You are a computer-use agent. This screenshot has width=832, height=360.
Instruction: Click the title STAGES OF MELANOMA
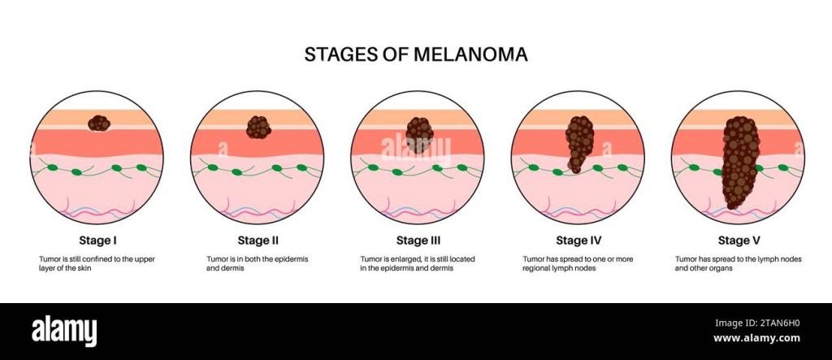[416, 54]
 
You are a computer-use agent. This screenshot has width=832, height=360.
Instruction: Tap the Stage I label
[97, 241]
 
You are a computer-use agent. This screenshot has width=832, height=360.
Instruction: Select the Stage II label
[258, 241]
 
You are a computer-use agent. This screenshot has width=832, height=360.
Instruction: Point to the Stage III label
[418, 241]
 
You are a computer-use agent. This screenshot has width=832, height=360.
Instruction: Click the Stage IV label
[578, 241]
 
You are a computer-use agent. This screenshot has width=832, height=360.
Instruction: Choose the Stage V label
[739, 241]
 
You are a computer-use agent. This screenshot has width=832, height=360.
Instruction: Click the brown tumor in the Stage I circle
[98, 124]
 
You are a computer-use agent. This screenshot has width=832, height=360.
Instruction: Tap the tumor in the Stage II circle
[259, 128]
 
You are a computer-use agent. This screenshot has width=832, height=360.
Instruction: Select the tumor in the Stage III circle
[420, 135]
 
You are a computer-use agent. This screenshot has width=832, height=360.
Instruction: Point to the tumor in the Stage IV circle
[578, 143]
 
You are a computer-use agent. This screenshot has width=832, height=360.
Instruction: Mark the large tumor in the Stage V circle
[741, 162]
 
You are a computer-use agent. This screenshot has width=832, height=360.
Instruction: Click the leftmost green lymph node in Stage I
[52, 167]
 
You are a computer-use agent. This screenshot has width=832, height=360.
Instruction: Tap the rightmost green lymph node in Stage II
[302, 167]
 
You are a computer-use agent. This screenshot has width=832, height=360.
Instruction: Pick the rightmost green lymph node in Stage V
[782, 167]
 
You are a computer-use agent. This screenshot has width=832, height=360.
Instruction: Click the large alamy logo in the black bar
[64, 332]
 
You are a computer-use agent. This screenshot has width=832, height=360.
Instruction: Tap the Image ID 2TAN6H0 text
[757, 323]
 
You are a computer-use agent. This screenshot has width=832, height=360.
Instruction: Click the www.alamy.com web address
[756, 338]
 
